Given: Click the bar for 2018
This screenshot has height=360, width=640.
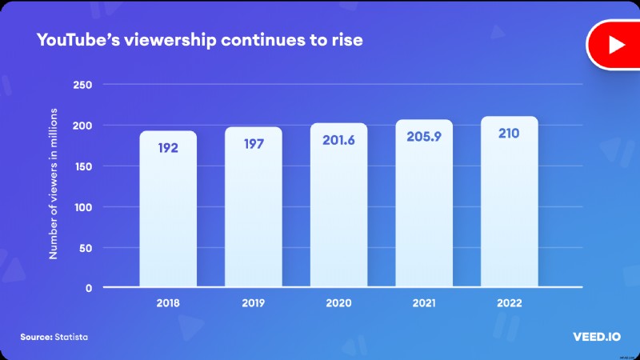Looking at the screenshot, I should tap(168, 210).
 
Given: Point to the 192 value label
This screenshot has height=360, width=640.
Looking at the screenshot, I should tap(168, 148).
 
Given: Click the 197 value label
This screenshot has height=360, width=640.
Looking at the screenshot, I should tap(253, 143).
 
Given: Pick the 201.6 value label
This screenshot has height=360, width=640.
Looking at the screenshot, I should tap(338, 140).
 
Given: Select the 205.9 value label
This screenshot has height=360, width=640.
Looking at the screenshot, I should tap(424, 137).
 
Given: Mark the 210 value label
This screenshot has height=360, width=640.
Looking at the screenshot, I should tap(509, 133).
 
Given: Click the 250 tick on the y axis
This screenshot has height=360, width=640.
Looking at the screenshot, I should tap(82, 85).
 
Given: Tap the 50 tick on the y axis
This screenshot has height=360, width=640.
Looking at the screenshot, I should tap(86, 248).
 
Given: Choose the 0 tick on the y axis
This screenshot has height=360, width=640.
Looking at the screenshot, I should tap(89, 288).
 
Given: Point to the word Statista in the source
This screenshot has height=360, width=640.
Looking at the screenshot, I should tap(72, 337).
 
